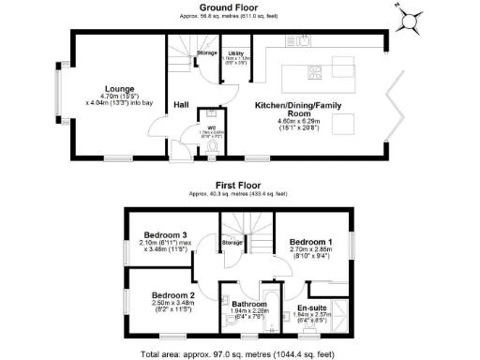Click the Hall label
[x=181, y=105]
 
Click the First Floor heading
[x=239, y=186]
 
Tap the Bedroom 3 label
[x=161, y=235]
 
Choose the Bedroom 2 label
[x=172, y=295]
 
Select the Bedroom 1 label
[x=310, y=242]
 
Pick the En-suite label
[x=310, y=307]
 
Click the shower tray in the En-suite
[x=339, y=310]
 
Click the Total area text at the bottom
[x=239, y=354]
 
